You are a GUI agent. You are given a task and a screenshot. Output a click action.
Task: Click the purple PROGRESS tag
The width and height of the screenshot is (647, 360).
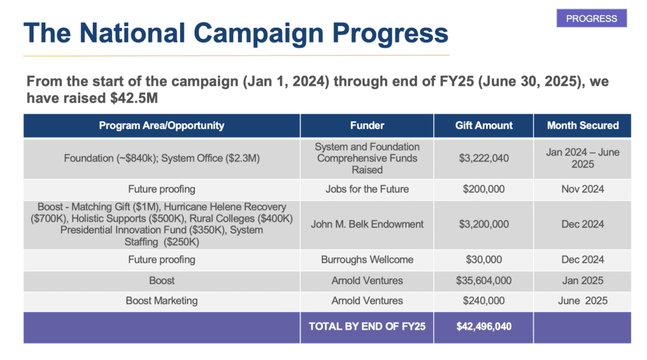point(591,18)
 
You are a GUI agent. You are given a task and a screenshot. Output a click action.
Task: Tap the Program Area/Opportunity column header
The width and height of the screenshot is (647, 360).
point(162,126)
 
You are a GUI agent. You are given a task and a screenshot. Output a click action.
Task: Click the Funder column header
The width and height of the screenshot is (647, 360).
point(367,126)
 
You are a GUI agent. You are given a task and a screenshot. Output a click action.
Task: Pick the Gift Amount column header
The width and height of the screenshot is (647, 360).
point(484,126)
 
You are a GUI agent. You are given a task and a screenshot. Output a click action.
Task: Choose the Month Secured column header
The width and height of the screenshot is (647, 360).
point(583,126)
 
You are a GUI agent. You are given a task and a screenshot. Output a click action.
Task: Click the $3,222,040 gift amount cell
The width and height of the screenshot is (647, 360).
point(484,158)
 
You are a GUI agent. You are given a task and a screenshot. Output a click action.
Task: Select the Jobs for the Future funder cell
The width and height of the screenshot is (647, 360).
point(367,189)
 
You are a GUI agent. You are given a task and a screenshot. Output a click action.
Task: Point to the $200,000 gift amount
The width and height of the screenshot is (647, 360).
point(484,189)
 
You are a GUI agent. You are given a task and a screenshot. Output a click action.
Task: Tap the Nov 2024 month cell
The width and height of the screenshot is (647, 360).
point(583,189)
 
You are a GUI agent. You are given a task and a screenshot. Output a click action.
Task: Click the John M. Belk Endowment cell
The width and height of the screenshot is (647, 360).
point(367,224)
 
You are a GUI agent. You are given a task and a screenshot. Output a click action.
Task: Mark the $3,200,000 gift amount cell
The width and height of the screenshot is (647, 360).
point(484,224)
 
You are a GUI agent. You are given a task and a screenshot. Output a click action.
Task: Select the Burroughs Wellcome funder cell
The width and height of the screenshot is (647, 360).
point(367,260)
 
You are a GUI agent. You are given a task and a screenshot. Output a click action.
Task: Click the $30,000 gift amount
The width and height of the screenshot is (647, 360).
point(484,260)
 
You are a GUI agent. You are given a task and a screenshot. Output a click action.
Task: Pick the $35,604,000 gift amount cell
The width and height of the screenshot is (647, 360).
point(484,280)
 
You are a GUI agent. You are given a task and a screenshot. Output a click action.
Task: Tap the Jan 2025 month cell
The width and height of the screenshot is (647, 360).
point(583,280)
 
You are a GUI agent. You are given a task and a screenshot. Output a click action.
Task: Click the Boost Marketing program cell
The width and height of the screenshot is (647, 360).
point(162,301)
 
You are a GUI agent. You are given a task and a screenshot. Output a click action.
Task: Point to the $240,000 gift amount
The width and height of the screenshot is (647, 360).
point(484,301)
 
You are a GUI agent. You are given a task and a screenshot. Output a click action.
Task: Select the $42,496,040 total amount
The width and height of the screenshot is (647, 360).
point(484,327)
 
